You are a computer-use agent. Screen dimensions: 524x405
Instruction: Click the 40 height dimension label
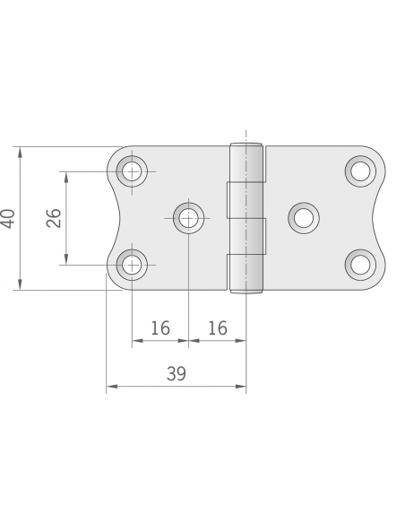pos(8,218)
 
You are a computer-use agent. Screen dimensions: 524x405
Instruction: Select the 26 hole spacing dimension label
pos(54,218)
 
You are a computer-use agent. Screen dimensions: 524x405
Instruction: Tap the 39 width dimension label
pos(177,374)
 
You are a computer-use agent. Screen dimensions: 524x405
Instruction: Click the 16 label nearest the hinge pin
pos(218,328)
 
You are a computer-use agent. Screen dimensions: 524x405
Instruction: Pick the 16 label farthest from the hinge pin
pos(160,328)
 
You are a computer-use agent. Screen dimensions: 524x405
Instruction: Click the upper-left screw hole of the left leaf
pos(134,170)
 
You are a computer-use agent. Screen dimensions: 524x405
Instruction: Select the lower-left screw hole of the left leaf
pos(134,264)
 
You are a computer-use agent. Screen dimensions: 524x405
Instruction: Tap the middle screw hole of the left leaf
pos(188,217)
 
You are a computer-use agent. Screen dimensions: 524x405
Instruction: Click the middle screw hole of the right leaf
pos(303,217)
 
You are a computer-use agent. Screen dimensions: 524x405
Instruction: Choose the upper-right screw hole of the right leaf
pos(360,170)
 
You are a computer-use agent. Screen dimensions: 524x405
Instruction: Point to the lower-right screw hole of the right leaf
pos(360,264)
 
